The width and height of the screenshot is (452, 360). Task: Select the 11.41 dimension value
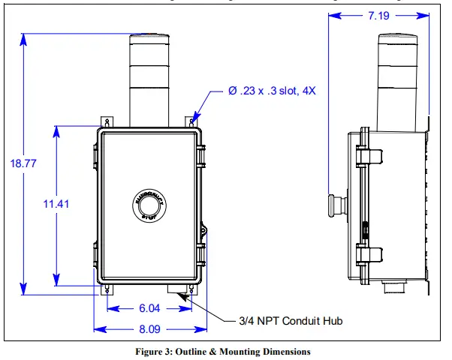point(56,203)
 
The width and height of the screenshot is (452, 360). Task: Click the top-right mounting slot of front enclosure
point(194,121)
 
